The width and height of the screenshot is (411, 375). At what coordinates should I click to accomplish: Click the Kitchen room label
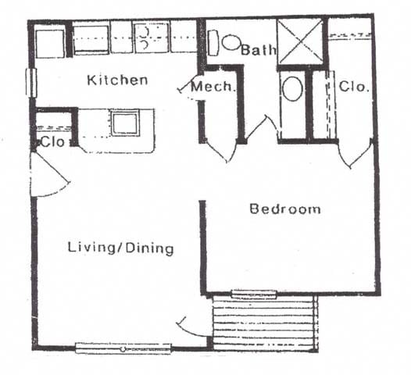[x=117, y=80]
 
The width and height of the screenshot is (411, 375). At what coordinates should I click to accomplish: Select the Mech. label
[x=213, y=87]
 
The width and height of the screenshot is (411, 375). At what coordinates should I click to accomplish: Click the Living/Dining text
[x=120, y=248]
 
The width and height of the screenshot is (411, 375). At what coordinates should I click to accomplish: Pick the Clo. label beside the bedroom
[x=353, y=87]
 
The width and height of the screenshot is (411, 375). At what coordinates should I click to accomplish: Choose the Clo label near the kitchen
[x=52, y=143]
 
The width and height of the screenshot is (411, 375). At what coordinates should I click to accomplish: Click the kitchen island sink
[x=124, y=123]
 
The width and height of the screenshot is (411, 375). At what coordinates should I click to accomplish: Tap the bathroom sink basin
[x=231, y=41]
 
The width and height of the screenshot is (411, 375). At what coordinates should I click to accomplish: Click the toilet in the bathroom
[x=292, y=89]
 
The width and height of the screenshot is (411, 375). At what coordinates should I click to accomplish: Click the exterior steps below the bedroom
[x=264, y=322]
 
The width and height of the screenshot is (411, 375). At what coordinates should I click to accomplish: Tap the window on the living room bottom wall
[x=123, y=348]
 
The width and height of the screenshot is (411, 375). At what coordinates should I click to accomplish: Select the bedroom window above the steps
[x=254, y=295]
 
